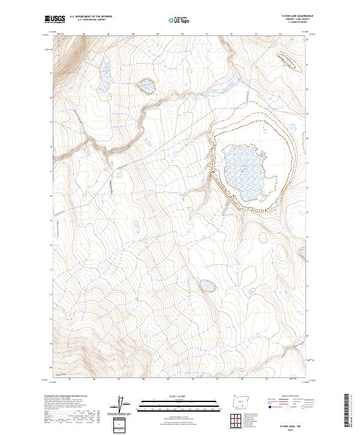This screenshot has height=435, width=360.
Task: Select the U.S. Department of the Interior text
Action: coord(91,17)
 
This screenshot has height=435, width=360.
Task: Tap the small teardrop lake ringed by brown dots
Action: coord(147,88)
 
